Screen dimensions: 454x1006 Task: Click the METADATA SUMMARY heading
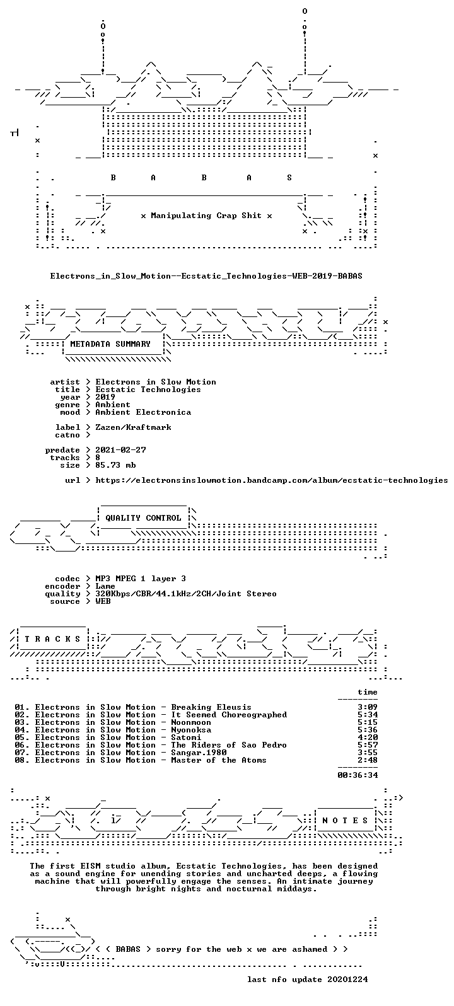pos(110,344)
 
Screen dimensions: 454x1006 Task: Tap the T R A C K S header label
pos(52,639)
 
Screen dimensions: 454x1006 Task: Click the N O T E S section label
pos(345,821)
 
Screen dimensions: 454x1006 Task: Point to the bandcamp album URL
pos(272,480)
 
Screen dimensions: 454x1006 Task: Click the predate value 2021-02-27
pos(120,450)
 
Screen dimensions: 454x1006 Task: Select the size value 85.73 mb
pos(115,465)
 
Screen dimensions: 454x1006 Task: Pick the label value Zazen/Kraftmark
pos(133,427)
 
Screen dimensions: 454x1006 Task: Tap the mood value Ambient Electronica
pos(143,412)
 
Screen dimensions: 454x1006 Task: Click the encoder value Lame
pos(105,586)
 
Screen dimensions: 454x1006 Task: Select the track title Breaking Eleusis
pos(211,707)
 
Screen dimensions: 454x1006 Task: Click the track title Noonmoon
pos(191,722)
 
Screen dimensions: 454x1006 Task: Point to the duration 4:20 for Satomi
pos(368,737)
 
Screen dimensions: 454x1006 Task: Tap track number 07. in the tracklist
pos(22,753)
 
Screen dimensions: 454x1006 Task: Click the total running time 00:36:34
pos(358,775)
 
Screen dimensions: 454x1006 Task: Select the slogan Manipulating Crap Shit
pos(206,216)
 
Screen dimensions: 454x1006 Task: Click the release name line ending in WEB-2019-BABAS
pos(206,276)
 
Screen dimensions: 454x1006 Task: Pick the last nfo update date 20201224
pos(347,980)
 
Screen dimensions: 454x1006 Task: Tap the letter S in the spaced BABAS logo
pos(289,178)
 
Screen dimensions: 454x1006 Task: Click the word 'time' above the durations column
pos(368,692)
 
